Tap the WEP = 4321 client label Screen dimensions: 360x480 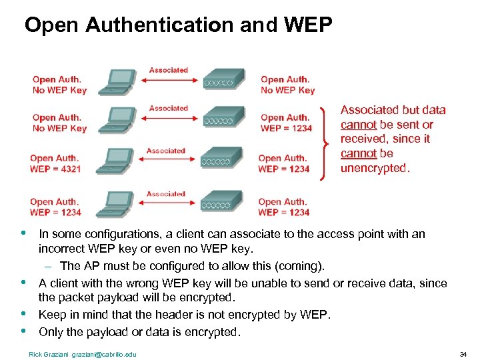[55, 169]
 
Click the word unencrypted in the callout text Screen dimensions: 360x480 [373, 168]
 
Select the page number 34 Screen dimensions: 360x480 [463, 353]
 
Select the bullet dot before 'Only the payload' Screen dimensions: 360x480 [24, 330]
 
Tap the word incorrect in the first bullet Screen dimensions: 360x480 [61, 249]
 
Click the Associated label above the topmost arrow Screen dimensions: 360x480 [169, 70]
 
